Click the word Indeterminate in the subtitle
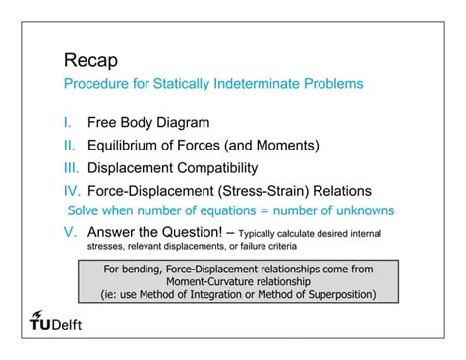coord(234,85)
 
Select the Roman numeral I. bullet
coord(69,123)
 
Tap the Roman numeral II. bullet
coord(71,146)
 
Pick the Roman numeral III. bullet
coord(73,168)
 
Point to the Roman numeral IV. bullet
coord(73,191)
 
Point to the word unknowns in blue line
coord(359,210)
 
